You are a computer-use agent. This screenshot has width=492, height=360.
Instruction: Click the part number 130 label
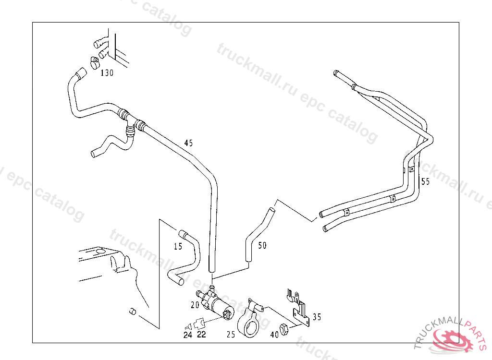pyautogui.click(x=107, y=73)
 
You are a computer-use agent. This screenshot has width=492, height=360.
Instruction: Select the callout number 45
pyautogui.click(x=188, y=143)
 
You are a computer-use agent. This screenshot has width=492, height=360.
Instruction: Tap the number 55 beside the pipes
pyautogui.click(x=425, y=181)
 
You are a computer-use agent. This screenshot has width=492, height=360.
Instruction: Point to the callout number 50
pyautogui.click(x=262, y=246)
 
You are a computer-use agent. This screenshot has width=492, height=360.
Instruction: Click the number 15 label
pyautogui.click(x=178, y=247)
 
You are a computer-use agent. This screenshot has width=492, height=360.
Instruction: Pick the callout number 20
pyautogui.click(x=195, y=304)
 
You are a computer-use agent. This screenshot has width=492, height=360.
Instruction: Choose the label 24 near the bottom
pyautogui.click(x=187, y=335)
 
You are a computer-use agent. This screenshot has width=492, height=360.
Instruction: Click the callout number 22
pyautogui.click(x=201, y=335)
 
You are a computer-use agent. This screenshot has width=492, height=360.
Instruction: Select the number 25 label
pyautogui.click(x=231, y=335)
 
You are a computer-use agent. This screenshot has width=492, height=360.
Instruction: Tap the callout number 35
pyautogui.click(x=317, y=317)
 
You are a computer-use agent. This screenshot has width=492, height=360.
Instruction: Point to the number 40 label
pyautogui.click(x=274, y=335)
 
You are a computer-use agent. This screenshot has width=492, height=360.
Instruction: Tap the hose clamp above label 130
pyautogui.click(x=95, y=61)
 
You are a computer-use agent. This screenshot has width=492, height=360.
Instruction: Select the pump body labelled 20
pyautogui.click(x=216, y=305)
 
